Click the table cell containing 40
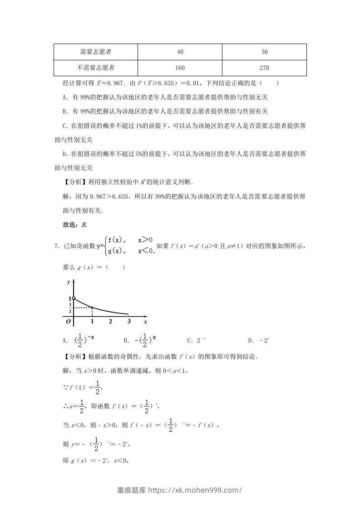pos(180,52)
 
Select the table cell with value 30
pos(265,52)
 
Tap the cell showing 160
pos(180,68)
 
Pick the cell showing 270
pos(265,68)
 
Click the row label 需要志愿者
pos(95,52)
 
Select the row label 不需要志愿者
pos(95,68)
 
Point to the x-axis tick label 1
pos(93,322)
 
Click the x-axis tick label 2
pos(110,322)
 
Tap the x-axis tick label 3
pos(129,322)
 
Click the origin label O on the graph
pos(68,322)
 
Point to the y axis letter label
pos(68,282)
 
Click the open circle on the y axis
pos(74,298)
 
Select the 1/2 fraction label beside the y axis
pos(70,308)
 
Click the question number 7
pos(56,246)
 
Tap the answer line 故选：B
pos(74,225)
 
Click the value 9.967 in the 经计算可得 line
pos(112,83)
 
